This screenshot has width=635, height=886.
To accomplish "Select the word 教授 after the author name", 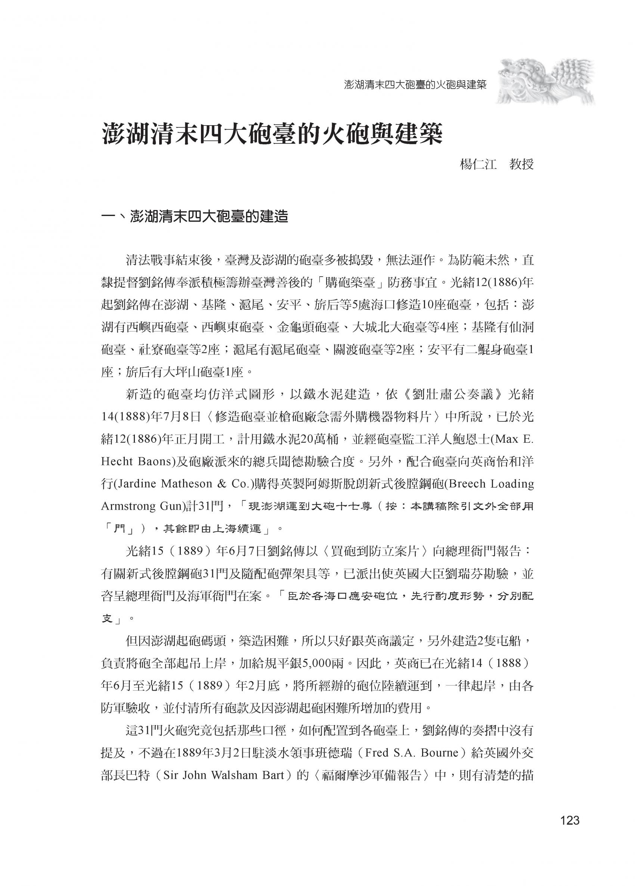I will pos(521,164).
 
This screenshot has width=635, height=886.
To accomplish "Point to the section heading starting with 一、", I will pos(194,216).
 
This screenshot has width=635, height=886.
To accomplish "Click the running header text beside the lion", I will pos(415,85).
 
